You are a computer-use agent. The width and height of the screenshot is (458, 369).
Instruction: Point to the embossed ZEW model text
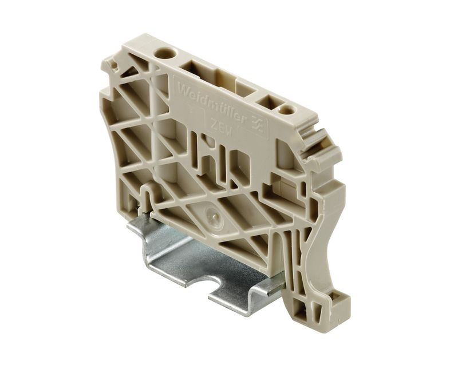pos(222,129)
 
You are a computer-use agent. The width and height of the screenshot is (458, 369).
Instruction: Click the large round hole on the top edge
pos(161,54)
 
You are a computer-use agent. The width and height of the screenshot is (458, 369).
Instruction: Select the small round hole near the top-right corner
pos(285,110)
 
